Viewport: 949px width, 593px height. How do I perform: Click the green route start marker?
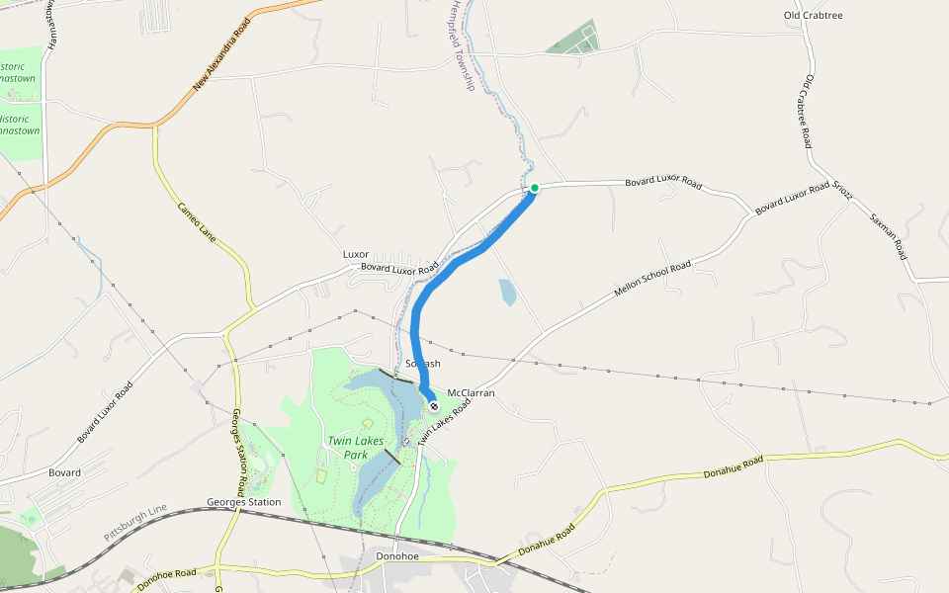tap(534, 188)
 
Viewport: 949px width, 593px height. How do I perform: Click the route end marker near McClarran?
tap(433, 405)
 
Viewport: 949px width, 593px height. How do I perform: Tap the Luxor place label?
tap(356, 254)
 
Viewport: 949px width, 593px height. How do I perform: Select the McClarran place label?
tap(471, 392)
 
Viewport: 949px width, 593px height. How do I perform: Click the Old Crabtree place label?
tap(813, 16)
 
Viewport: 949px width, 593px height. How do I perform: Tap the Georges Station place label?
tap(243, 502)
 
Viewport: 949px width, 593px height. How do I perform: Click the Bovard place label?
tap(65, 472)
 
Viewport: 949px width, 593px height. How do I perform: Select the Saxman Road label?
tap(888, 236)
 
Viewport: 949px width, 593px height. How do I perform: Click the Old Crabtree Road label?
tap(808, 111)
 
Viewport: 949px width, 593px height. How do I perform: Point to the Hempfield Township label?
tap(461, 45)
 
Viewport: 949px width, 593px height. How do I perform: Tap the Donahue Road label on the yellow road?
tap(733, 467)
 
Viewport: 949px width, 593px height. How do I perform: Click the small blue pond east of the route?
tap(507, 292)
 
